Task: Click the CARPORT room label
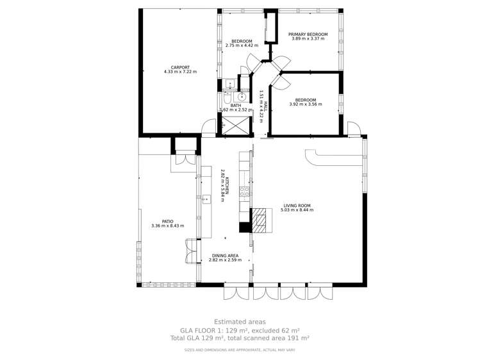180,67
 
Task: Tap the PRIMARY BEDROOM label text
308,35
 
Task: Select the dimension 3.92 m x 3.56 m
305,104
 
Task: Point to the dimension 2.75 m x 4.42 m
242,45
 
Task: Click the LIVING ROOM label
297,206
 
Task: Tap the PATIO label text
167,221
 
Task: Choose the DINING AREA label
225,256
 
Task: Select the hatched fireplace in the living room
260,220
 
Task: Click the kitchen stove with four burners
244,190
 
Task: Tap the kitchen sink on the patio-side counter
206,199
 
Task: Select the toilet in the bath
228,99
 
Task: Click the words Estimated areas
239,322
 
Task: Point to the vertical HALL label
263,102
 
